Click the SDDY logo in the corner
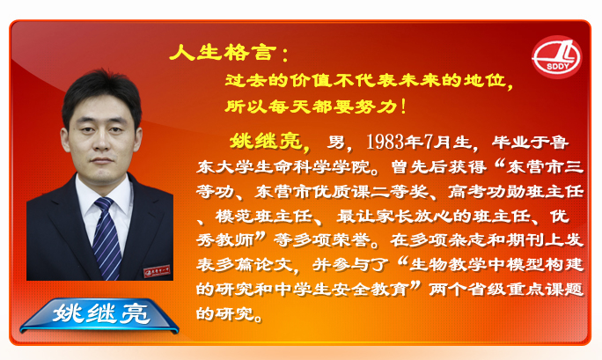point(557,57)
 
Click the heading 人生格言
point(223,53)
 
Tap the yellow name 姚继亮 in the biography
point(266,141)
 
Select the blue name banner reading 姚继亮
point(99,315)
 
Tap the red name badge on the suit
point(157,270)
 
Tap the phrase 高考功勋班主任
point(516,191)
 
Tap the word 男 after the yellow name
point(336,143)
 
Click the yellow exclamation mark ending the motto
point(403,107)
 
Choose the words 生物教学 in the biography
point(448,265)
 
